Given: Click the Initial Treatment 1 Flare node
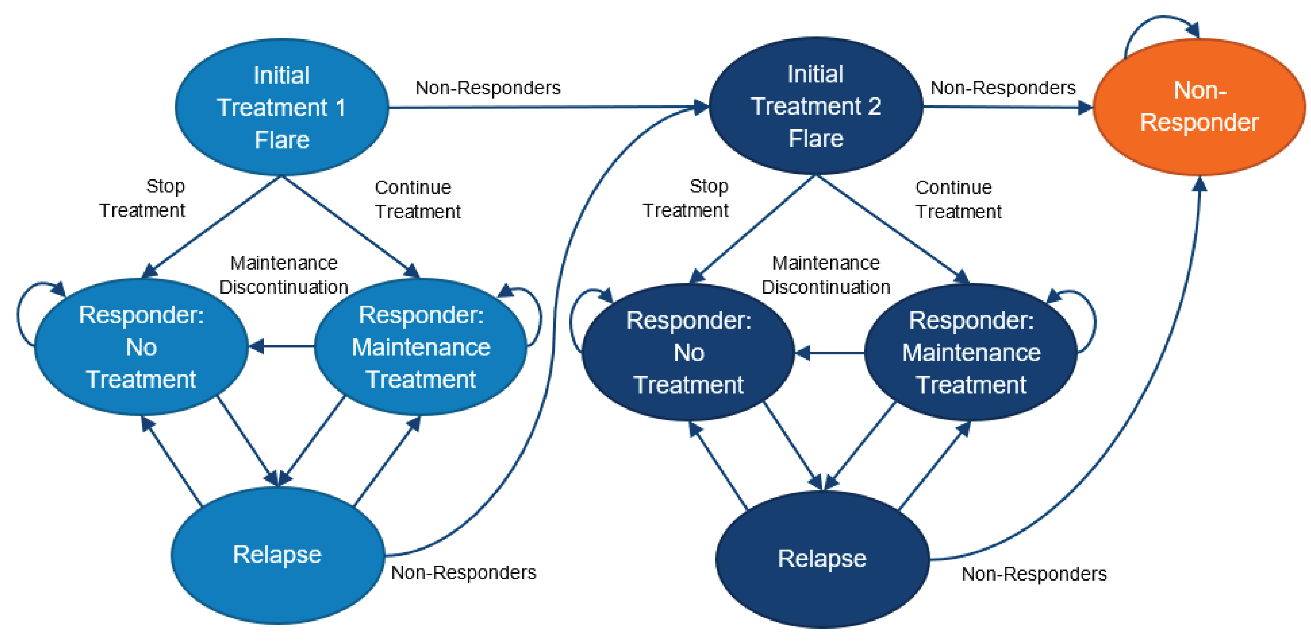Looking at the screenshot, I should point(281,107).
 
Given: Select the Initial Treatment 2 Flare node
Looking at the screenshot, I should point(815,106).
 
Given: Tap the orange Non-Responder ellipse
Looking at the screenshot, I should point(1199,107).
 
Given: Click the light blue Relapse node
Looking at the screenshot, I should point(278,555).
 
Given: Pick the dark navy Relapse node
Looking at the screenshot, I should point(822,558).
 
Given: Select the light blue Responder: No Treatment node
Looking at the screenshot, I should point(141,347).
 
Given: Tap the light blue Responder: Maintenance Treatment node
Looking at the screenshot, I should point(421,347).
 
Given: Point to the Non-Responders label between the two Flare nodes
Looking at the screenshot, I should point(488,87).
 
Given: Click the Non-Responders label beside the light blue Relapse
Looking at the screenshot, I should point(463,572).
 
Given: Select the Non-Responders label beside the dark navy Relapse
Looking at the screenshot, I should point(1033,574).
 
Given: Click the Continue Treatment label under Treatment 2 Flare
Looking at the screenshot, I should point(958,199).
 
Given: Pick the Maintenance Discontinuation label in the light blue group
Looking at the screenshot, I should point(283,275).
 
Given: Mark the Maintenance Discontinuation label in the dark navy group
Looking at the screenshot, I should point(825,275).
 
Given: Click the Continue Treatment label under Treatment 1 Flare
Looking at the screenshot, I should point(417,199).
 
